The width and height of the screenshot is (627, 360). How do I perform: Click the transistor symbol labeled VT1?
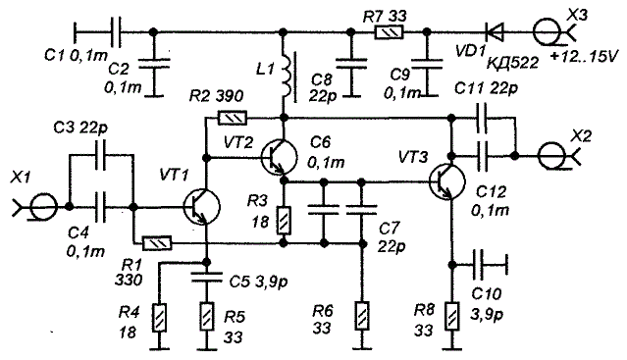click(202, 207)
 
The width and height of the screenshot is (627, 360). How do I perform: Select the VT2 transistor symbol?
click(279, 157)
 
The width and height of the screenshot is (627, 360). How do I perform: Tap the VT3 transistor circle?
click(447, 181)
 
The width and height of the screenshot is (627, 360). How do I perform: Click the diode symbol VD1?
click(494, 31)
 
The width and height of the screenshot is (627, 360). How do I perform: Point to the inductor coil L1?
click(287, 76)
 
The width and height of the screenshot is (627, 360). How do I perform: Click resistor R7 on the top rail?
click(389, 32)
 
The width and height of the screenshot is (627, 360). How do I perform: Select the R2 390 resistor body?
click(233, 118)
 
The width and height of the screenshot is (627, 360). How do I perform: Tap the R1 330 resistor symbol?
click(157, 243)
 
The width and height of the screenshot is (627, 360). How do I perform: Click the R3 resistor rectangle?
click(284, 221)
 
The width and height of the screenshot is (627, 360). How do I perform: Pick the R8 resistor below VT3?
click(452, 316)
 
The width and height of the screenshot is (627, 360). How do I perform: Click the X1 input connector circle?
click(43, 207)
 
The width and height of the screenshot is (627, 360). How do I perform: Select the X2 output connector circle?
click(551, 156)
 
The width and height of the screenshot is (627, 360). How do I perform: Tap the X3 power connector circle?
click(547, 31)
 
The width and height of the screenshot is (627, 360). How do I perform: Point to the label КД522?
click(512, 63)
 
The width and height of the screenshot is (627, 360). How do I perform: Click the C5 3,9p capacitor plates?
click(206, 277)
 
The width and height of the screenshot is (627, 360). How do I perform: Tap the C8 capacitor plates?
click(351, 65)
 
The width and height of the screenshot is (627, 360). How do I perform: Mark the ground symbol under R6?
click(361, 348)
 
